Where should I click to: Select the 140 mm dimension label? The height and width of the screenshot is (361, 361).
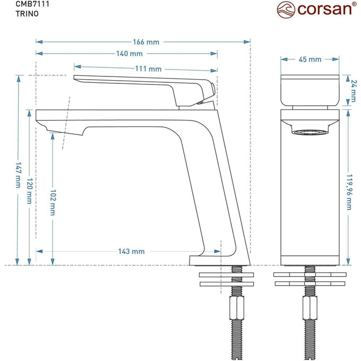pos(130,54)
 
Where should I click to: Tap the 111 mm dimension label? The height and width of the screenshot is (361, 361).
pos(148,68)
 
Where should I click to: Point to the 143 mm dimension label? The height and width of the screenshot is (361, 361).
pos(131,252)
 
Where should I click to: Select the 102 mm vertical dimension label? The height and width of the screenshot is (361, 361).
pos(53,202)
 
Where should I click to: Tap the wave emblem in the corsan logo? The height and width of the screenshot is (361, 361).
pos(287,10)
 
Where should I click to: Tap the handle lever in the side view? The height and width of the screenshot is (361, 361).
pos(143,84)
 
